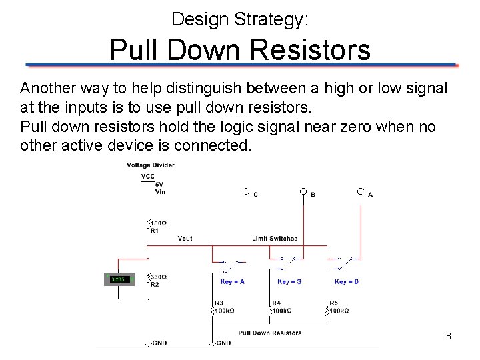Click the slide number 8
[448, 337]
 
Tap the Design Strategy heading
[239, 19]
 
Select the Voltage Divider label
[151, 165]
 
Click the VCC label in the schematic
[148, 177]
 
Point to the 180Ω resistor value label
[159, 223]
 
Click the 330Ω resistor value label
[159, 277]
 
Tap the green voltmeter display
[119, 279]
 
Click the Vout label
[185, 238]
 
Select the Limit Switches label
[275, 238]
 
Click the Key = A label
[232, 281]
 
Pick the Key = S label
[289, 281]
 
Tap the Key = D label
[347, 281]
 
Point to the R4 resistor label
[275, 303]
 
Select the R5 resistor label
[333, 303]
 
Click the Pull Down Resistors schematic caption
[269, 332]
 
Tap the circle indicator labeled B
[303, 191]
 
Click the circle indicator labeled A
[360, 191]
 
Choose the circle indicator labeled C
[245, 191]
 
